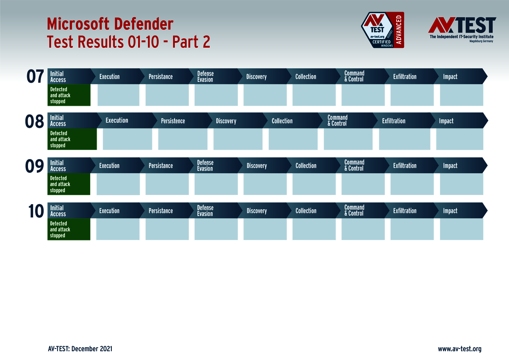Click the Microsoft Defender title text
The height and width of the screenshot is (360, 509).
pos(110,23)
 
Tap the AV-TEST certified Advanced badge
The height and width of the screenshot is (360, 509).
pos(382,30)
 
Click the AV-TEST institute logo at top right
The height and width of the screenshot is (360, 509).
pos(462,29)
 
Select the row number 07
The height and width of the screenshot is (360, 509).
pos(35,77)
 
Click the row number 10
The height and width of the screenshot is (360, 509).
pos(35,211)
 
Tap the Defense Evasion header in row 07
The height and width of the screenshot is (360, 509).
pos(205,76)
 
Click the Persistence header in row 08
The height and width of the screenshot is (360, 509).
pos(173,121)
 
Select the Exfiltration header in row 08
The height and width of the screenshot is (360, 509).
pos(393,121)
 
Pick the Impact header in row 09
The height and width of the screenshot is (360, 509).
pos(450,166)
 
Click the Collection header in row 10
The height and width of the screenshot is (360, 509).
pos(306,211)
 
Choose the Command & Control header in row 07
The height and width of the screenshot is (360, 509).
pos(354,76)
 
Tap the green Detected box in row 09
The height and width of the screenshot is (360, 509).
pos(69,184)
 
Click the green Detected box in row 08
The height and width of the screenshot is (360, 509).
pos(72,139)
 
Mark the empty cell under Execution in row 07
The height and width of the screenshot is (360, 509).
pos(118,95)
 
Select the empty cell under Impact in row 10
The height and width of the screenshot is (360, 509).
pos(461,229)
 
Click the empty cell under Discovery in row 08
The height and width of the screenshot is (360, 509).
pos(238,139)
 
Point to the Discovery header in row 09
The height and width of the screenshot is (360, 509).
pos(256,166)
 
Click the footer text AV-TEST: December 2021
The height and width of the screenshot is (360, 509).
pos(80,349)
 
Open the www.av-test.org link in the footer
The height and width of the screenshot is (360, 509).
pos(459,349)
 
